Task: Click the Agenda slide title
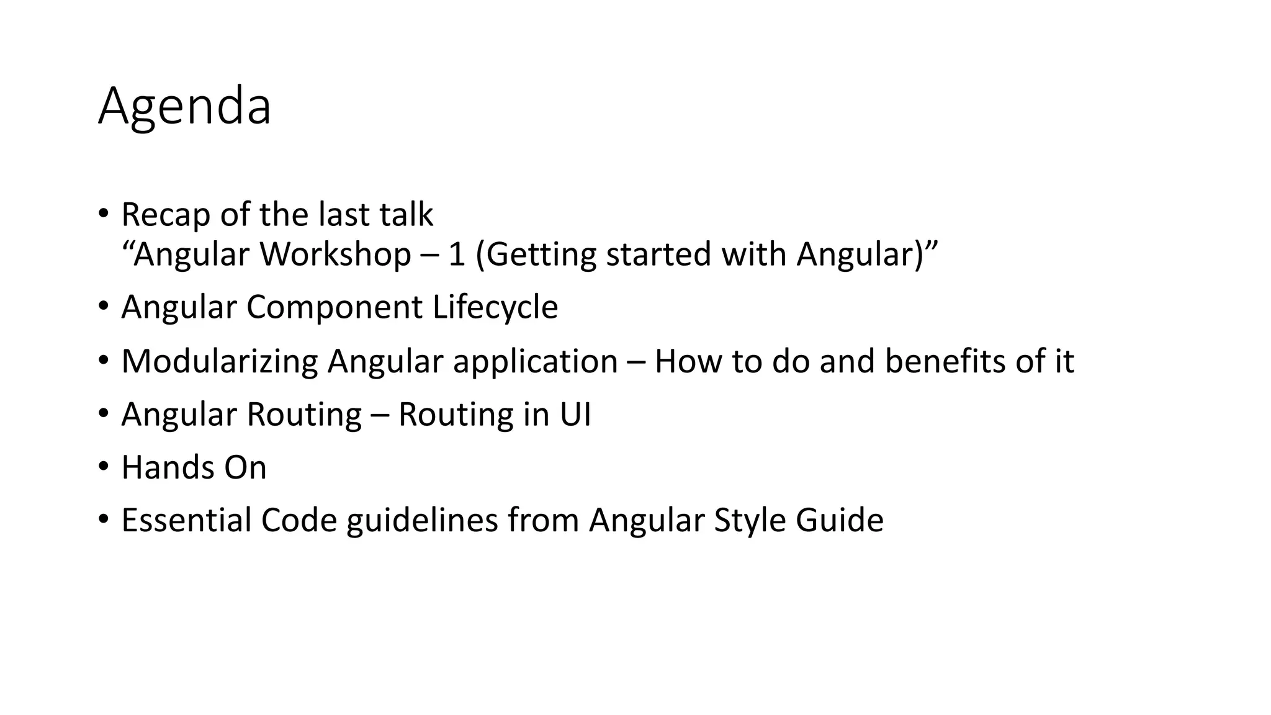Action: click(184, 107)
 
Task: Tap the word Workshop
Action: click(335, 254)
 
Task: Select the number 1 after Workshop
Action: click(456, 254)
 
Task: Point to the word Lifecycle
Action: click(495, 307)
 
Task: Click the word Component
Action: click(335, 307)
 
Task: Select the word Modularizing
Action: click(220, 361)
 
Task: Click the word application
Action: click(535, 361)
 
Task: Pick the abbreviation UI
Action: click(575, 415)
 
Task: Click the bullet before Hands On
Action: click(103, 466)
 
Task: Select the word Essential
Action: click(186, 520)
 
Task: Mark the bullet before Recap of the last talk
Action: click(103, 214)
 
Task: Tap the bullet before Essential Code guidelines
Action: click(103, 519)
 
